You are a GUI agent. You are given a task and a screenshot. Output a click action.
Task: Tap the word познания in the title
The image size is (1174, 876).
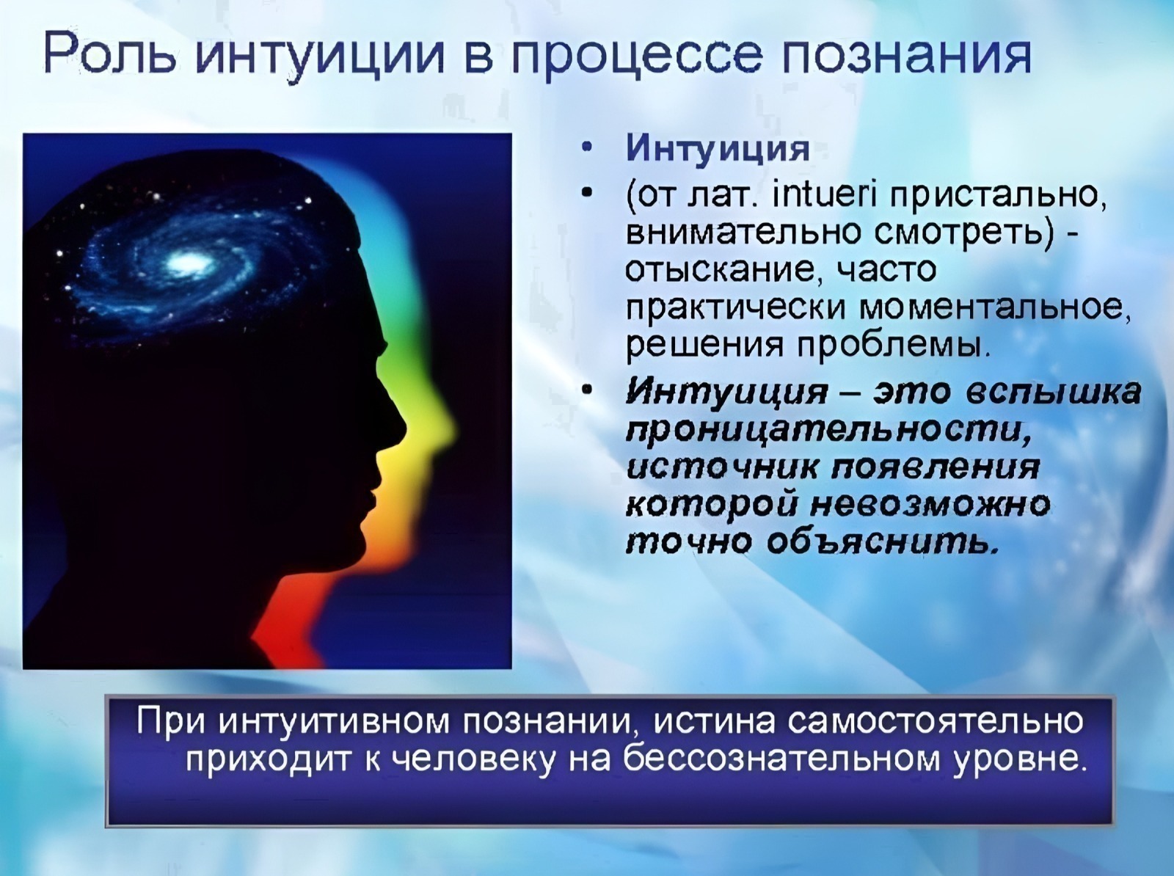coord(905,55)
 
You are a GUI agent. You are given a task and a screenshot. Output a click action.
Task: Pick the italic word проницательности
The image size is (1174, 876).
coord(828,431)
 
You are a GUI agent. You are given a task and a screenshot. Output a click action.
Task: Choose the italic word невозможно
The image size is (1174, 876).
coord(930,503)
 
